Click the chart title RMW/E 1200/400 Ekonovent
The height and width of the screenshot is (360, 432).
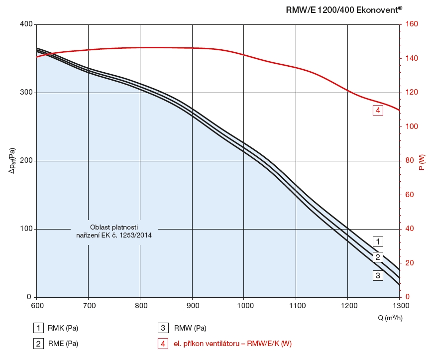(344, 9)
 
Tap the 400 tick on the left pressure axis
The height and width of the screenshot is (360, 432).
(26, 24)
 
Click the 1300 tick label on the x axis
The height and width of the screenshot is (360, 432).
(400, 305)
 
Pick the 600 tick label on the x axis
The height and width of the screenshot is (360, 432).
(37, 305)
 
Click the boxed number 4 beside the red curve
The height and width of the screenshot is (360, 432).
(378, 111)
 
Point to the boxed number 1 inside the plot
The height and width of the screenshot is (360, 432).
(378, 242)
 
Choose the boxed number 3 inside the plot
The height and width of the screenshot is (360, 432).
(378, 275)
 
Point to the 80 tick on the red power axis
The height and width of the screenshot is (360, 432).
(409, 161)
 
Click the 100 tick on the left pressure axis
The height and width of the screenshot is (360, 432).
(26, 229)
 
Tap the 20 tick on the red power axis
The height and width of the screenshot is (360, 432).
(409, 263)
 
